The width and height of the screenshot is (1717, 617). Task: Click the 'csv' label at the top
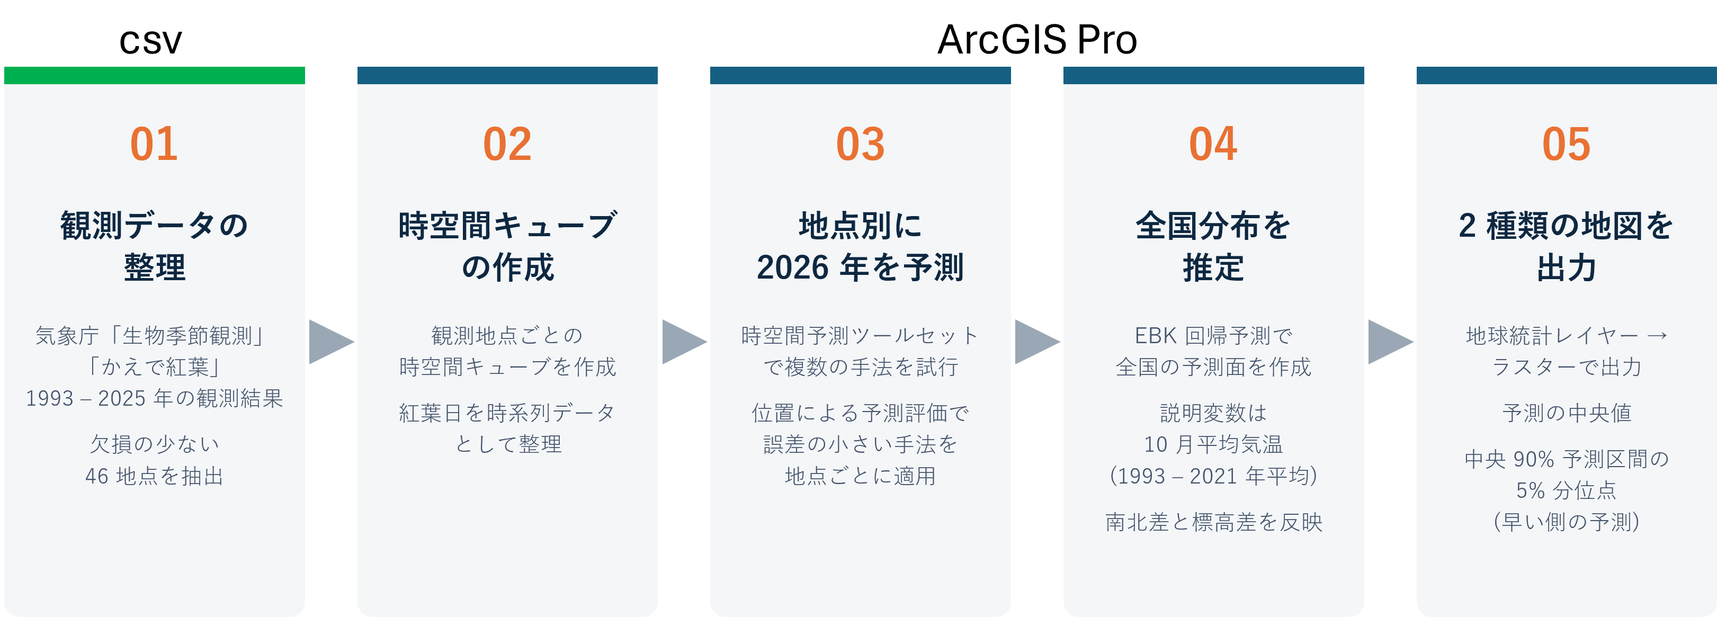point(150,41)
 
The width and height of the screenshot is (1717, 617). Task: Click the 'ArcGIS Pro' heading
point(1037,39)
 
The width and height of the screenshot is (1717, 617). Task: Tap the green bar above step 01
point(155,75)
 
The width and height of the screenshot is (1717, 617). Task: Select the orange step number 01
point(154,144)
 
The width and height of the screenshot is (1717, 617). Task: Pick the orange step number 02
point(507,144)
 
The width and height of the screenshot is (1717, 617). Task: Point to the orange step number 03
point(861,144)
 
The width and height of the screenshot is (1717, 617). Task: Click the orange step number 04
point(1214,144)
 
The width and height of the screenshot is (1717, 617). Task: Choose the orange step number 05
point(1567,144)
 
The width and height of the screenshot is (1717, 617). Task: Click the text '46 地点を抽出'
point(154,476)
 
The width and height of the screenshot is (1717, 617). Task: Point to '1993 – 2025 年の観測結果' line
point(154,398)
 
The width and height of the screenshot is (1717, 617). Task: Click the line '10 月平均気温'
point(1214,444)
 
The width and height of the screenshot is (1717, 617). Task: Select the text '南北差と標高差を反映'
point(1214,522)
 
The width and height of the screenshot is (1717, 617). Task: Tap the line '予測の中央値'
point(1567,413)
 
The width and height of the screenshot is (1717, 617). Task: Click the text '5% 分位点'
point(1567,490)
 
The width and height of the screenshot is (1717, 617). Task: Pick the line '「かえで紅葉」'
point(154,366)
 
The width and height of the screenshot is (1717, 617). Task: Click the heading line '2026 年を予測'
point(861,267)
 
